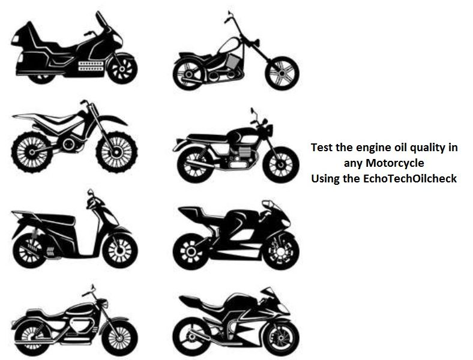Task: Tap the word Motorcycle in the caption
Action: pos(395,163)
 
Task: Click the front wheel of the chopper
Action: pos(282,73)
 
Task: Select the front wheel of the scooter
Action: pos(120,250)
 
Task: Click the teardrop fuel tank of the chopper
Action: pos(230,45)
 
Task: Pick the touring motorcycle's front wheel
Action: pos(122,69)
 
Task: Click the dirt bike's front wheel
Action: pos(116,152)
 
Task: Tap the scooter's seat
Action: pos(54,219)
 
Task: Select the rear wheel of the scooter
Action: pos(29,250)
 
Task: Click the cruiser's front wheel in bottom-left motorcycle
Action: pos(120,338)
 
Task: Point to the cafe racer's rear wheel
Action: pos(195,165)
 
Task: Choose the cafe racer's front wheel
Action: pos(281,165)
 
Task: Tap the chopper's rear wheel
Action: pos(189,74)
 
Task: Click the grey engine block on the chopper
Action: pos(233,62)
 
